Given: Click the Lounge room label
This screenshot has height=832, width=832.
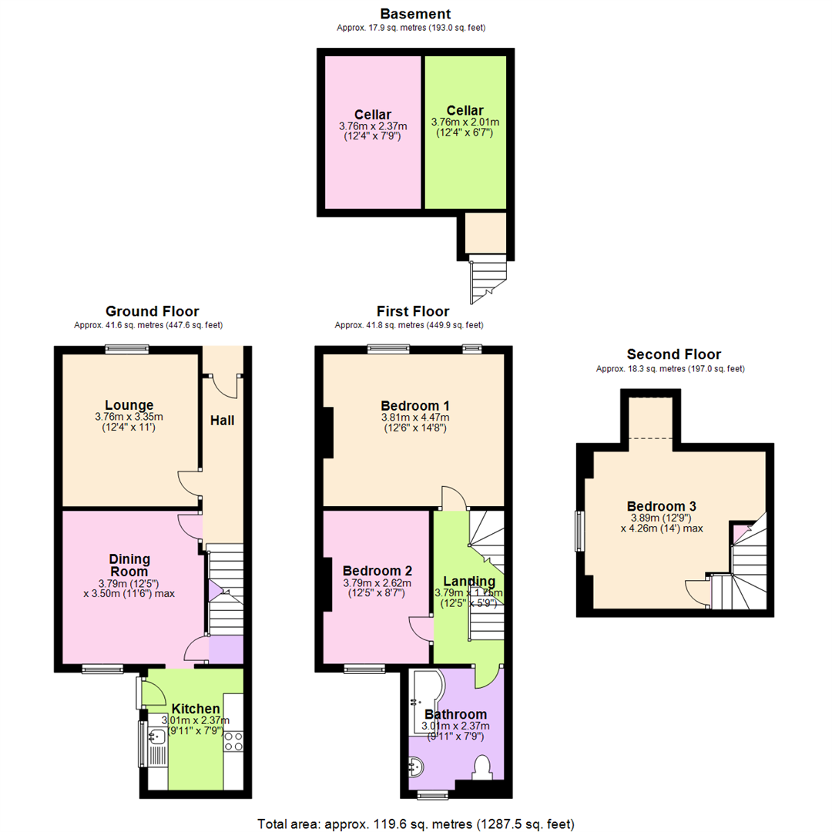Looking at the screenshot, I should pos(129,405).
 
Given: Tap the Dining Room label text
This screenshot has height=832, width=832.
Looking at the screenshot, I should pos(129,566).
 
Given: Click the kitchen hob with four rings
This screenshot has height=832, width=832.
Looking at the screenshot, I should pos(233,741).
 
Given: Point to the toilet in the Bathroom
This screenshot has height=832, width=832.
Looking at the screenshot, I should pos(483,767).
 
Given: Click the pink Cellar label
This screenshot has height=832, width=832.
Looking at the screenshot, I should pos(373,115).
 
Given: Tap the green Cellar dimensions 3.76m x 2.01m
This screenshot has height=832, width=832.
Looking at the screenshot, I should pos(465,122).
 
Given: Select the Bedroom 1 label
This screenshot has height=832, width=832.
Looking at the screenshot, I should pos(414,405).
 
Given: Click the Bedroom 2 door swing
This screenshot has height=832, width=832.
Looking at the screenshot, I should pos(420,628).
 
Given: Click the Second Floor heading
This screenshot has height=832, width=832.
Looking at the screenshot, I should pos(673,354).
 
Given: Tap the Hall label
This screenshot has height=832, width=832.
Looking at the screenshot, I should pos(222,421).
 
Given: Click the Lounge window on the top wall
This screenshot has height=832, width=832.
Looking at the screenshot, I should pos(127,348).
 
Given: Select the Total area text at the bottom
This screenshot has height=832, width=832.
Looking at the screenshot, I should pos(415,822).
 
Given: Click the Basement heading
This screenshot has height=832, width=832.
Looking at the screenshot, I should pos(415,14).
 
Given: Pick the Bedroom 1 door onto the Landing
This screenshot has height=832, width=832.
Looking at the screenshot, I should pos(455,499).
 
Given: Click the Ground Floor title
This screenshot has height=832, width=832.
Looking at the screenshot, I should pos(152,311).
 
